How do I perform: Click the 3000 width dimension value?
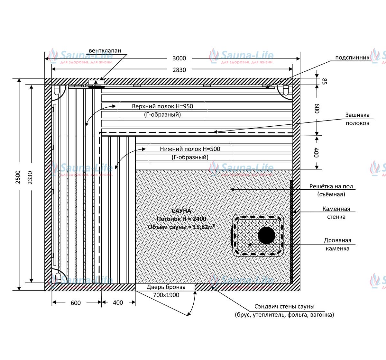click(x=179, y=58)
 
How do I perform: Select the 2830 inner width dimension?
click(x=179, y=70)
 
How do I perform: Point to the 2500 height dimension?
click(x=18, y=177)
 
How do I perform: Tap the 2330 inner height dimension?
click(x=30, y=177)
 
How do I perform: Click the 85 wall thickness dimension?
click(x=324, y=81)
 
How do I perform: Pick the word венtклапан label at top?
click(x=105, y=50)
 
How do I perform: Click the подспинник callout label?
click(x=352, y=58)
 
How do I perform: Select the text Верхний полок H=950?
click(x=162, y=106)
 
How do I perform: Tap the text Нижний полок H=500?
click(x=190, y=149)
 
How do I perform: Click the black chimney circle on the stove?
click(x=266, y=235)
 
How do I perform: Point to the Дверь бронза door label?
click(x=166, y=287)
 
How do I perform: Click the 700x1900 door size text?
click(x=166, y=295)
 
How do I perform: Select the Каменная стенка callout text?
click(x=336, y=213)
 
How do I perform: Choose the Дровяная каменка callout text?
click(x=337, y=244)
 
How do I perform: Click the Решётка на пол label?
click(x=331, y=186)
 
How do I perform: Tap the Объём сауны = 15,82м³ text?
click(x=181, y=227)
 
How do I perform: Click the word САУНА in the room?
click(x=181, y=211)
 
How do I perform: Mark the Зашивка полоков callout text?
click(x=357, y=119)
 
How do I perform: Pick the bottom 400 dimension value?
click(x=118, y=302)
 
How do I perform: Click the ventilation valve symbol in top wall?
click(x=96, y=84)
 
